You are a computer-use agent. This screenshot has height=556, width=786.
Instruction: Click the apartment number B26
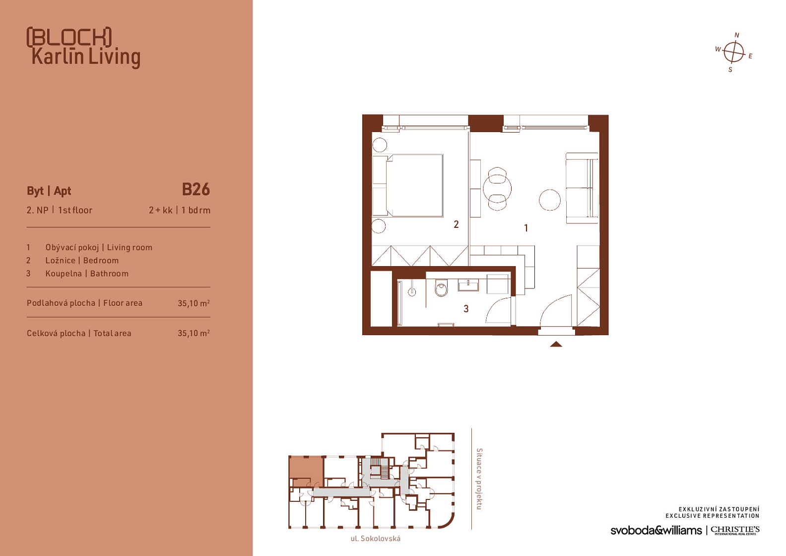[x=196, y=190]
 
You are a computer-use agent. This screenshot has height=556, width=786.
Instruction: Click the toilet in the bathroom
[x=441, y=288]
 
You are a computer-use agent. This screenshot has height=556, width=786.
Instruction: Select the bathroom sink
[x=468, y=285]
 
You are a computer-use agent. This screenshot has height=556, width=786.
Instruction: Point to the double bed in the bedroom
[x=408, y=185]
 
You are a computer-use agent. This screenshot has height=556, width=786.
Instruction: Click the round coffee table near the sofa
[x=549, y=200]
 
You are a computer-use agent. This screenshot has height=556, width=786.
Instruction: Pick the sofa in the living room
[x=582, y=188]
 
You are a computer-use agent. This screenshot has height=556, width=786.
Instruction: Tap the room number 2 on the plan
[x=456, y=224]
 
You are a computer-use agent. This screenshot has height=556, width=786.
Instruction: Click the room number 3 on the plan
[x=466, y=309]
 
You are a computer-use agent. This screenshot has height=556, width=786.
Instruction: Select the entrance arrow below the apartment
[x=556, y=344]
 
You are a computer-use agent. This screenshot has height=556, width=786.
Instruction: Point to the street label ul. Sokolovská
[x=376, y=539]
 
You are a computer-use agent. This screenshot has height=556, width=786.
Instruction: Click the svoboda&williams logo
[x=656, y=530]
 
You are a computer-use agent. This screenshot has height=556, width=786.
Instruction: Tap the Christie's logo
[x=735, y=530]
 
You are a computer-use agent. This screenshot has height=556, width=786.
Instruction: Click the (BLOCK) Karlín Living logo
[x=83, y=47]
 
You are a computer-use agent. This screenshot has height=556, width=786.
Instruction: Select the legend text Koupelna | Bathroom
[x=87, y=274]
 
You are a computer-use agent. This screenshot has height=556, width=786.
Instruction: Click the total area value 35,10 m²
[x=194, y=333]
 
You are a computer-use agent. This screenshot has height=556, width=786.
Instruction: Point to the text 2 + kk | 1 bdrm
[x=179, y=210]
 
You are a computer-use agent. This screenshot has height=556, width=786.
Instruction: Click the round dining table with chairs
[x=497, y=189]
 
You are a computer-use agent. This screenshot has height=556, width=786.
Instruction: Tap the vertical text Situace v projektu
[x=479, y=479]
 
